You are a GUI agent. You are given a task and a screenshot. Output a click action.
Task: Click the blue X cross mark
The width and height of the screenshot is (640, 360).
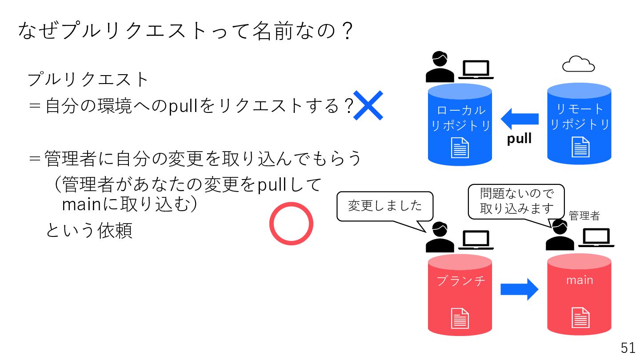point(368,105)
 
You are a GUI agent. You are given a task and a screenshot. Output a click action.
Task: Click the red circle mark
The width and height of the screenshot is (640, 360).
point(292,224)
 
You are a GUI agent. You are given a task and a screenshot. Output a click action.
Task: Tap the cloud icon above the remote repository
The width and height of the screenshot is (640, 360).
point(578,64)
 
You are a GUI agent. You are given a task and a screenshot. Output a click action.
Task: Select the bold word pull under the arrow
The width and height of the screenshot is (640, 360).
point(519,139)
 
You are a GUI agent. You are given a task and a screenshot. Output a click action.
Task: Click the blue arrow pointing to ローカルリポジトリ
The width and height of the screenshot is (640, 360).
point(519,119)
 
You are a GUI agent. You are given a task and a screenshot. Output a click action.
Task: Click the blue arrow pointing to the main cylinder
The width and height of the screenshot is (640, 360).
point(519,289)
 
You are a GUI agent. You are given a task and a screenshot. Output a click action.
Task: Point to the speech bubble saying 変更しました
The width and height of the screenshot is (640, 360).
point(385,206)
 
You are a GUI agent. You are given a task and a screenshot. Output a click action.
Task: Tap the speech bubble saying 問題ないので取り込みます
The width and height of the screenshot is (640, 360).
point(516,202)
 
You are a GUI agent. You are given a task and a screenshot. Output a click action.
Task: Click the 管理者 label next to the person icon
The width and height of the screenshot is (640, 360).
point(584,216)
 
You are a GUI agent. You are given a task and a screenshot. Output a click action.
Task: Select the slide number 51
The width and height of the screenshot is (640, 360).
point(628,348)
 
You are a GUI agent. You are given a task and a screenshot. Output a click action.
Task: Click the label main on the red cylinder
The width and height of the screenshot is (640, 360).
point(579,280)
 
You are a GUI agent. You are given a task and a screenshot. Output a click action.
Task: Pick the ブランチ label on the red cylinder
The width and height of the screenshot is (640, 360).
point(460,281)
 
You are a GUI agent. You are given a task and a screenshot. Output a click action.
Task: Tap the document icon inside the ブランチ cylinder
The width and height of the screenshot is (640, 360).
point(460,318)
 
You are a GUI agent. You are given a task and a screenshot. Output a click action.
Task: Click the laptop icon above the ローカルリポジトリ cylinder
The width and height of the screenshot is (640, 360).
point(476,70)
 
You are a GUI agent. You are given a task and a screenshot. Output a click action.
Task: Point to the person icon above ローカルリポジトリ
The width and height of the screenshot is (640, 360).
point(440,68)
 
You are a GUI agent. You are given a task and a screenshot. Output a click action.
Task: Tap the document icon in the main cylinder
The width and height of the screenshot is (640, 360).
point(580,317)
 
